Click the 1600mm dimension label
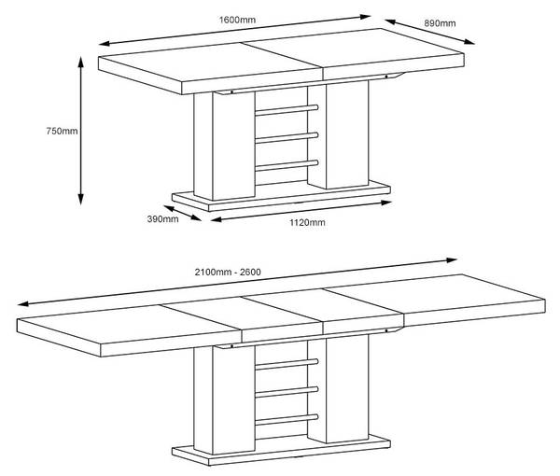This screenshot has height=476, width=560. click(237, 20)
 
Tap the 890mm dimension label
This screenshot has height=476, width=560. click(440, 23)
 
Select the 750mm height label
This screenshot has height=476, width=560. click(62, 131)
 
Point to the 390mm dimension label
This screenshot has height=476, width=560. click(162, 219)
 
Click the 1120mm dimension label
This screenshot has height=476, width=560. click(307, 223)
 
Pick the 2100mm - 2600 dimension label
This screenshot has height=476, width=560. click(228, 273)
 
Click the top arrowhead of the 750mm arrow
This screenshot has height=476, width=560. click(80, 62)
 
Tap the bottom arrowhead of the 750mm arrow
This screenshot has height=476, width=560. click(80, 200)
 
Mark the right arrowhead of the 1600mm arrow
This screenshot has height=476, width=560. click(366, 17)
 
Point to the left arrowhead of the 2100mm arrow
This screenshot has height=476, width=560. click(22, 304)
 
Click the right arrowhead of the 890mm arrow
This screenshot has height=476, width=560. click(469, 42)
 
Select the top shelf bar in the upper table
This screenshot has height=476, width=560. click(287, 110)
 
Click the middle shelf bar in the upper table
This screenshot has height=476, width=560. click(287, 138)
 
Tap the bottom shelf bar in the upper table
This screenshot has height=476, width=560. click(287, 166)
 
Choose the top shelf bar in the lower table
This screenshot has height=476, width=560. click(287, 364)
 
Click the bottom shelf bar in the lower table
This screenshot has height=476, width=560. click(287, 420)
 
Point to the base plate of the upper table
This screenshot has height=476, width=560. click(281, 198)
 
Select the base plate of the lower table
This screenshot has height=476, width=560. click(281, 452)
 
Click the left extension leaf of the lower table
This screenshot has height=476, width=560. click(129, 330)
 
